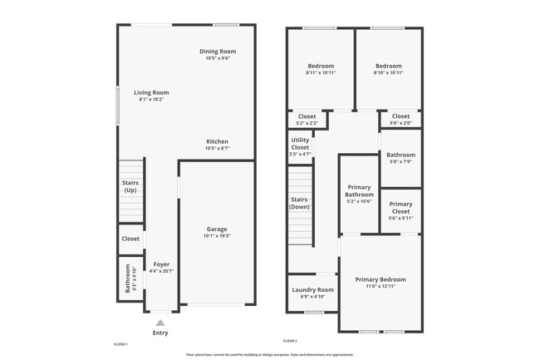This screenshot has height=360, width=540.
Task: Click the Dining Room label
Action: [x=217, y=52]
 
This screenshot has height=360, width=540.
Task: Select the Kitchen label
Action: [x=217, y=141]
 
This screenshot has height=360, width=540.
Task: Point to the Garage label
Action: [x=217, y=229]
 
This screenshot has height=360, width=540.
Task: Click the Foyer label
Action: [x=160, y=264]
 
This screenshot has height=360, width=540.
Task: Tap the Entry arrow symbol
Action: [x=160, y=322]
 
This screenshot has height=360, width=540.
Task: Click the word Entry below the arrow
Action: [x=160, y=333]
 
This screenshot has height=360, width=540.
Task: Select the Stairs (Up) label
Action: [x=130, y=186]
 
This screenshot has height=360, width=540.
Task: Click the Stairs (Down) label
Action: [x=300, y=203]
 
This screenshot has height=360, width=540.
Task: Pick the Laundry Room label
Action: [x=312, y=289]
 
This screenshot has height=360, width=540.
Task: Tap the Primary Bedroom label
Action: [x=380, y=279]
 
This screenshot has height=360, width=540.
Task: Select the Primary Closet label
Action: [x=400, y=208]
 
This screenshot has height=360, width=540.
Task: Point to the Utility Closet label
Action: [x=300, y=145]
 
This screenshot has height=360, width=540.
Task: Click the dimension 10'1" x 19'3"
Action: [x=217, y=236]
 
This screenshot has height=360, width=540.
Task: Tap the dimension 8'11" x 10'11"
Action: [x=321, y=73]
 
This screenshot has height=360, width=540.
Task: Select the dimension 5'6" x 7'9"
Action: [x=400, y=161]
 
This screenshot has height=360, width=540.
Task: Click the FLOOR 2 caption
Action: [x=290, y=341]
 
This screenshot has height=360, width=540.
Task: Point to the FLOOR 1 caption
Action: [x=120, y=343]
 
